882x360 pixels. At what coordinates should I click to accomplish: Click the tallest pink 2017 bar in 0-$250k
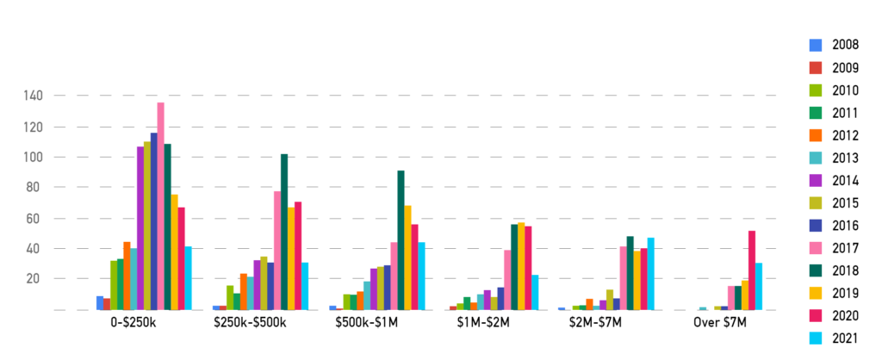pyautogui.click(x=160, y=206)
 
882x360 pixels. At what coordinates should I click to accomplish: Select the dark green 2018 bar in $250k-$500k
pyautogui.click(x=284, y=232)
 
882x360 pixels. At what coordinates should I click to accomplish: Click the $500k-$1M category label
pyautogui.click(x=367, y=323)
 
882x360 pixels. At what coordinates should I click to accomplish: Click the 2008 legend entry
pyautogui.click(x=845, y=45)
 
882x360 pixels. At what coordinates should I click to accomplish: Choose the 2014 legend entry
pyautogui.click(x=845, y=181)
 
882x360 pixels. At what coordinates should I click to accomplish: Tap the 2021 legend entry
pyautogui.click(x=845, y=338)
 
